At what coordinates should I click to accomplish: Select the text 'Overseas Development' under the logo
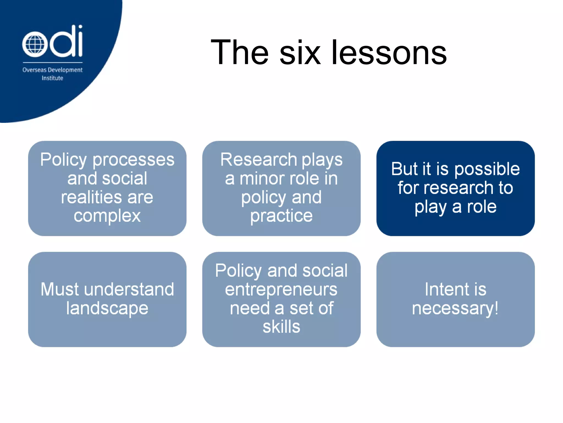click(52, 70)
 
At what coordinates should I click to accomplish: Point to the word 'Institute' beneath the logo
click(52, 78)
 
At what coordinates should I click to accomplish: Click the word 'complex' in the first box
click(107, 216)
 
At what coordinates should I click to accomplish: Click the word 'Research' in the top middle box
click(258, 160)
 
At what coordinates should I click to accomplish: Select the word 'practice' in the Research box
click(281, 216)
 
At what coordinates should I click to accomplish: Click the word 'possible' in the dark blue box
click(487, 169)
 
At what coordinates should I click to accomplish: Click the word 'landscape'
click(107, 308)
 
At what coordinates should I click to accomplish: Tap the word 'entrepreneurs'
click(281, 289)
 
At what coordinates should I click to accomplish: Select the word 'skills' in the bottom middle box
click(281, 327)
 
